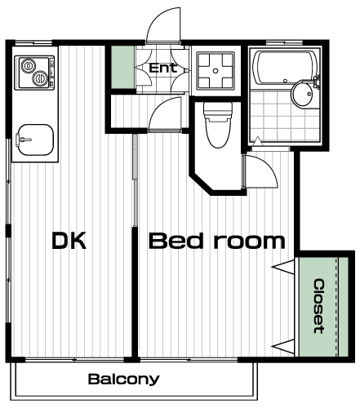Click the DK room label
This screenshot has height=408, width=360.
[x=69, y=241]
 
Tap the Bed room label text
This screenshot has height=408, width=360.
[x=217, y=241]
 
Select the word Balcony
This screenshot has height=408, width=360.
[x=124, y=379]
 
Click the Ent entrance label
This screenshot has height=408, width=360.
[x=163, y=68]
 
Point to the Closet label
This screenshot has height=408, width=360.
[x=319, y=306]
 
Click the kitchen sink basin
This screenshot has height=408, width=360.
[x=35, y=140]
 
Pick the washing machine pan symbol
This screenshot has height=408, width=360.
[x=216, y=71]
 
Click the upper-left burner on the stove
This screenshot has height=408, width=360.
[x=29, y=66]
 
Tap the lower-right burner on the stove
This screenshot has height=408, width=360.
[x=40, y=78]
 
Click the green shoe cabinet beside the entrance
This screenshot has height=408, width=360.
[x=122, y=67]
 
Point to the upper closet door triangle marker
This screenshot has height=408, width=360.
[x=283, y=267]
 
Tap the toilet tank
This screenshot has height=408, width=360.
[x=218, y=112]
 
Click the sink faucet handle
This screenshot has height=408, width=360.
[x=23, y=140]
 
